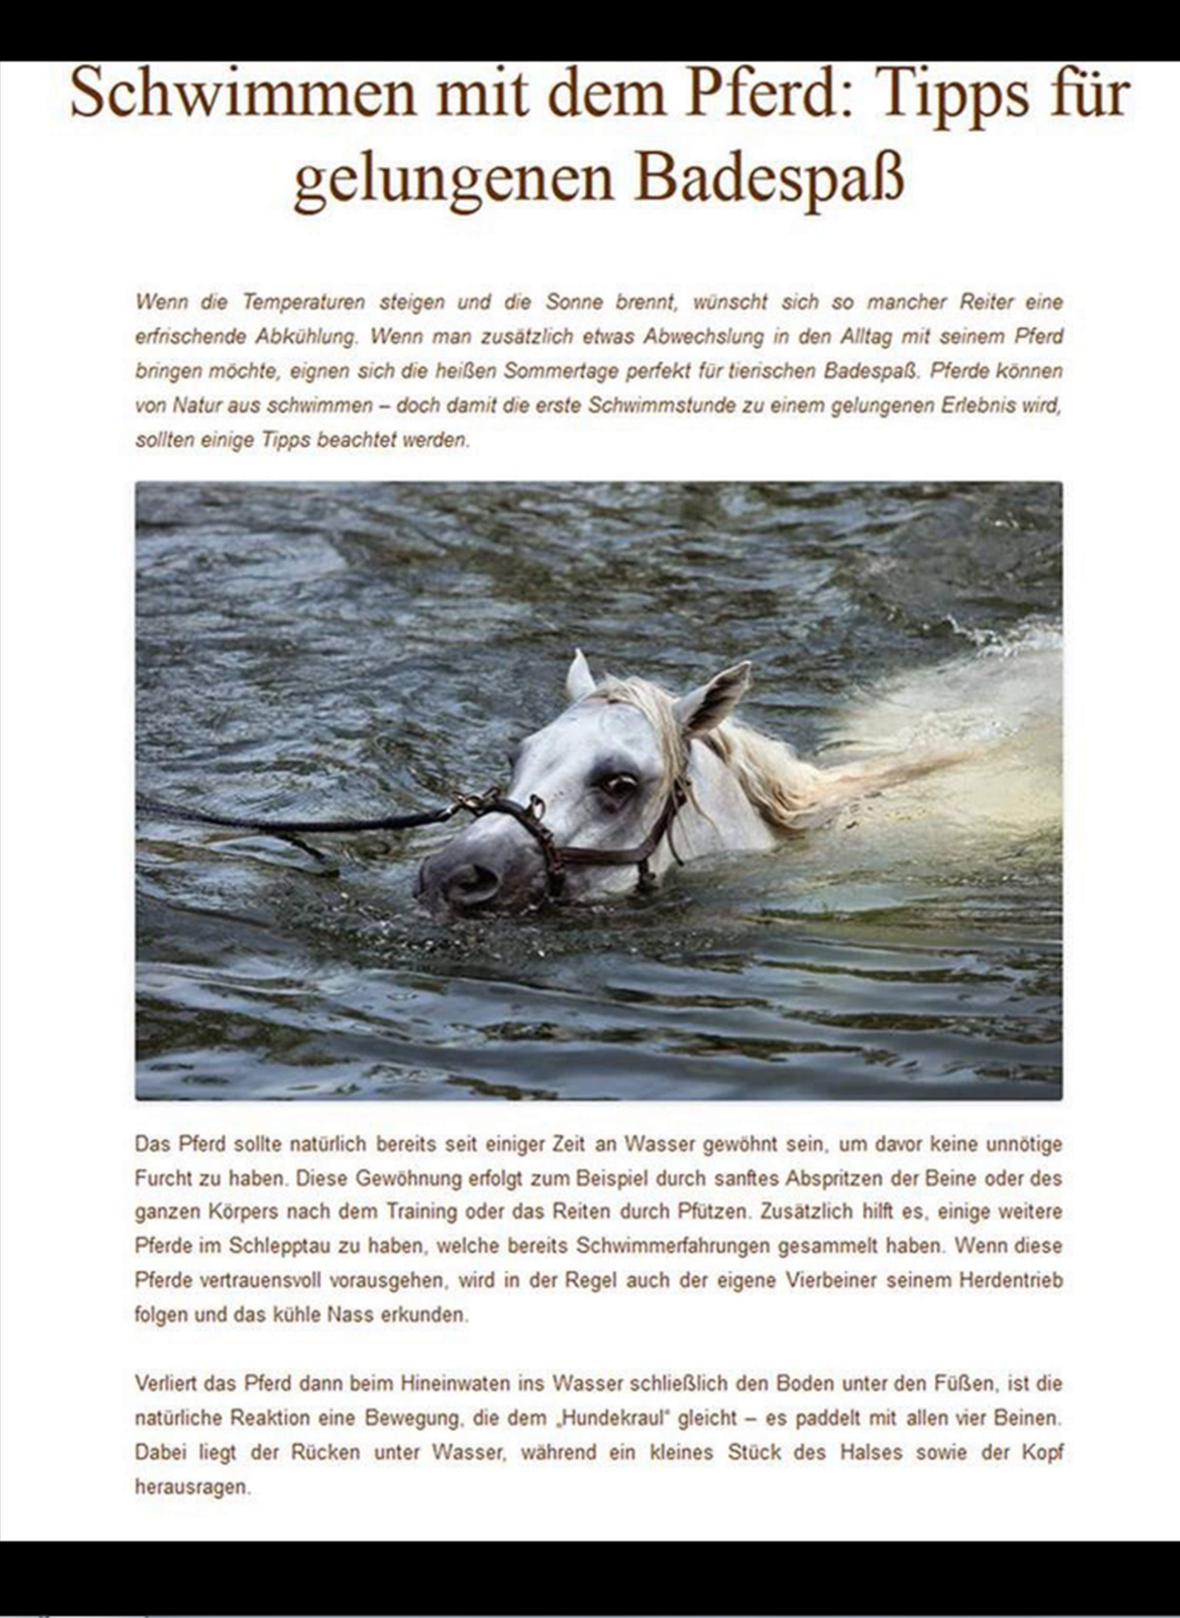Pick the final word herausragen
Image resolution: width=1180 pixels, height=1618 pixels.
pos(192,1487)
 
